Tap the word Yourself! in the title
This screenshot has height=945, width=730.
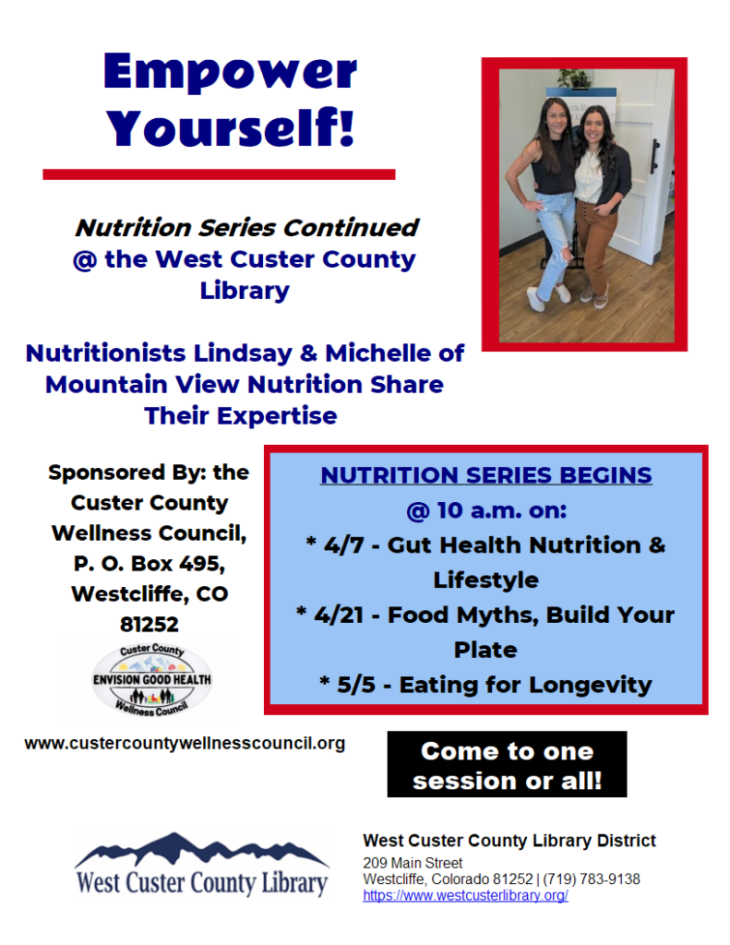pos(231,127)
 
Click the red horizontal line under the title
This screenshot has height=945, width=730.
pos(219,173)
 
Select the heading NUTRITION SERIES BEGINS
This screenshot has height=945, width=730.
pos(485,476)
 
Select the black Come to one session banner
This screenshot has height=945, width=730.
pos(507,765)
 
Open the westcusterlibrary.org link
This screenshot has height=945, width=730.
pos(465,895)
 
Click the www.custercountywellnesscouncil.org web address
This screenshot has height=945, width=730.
pos(185,743)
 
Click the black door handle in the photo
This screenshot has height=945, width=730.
pos(655,155)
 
